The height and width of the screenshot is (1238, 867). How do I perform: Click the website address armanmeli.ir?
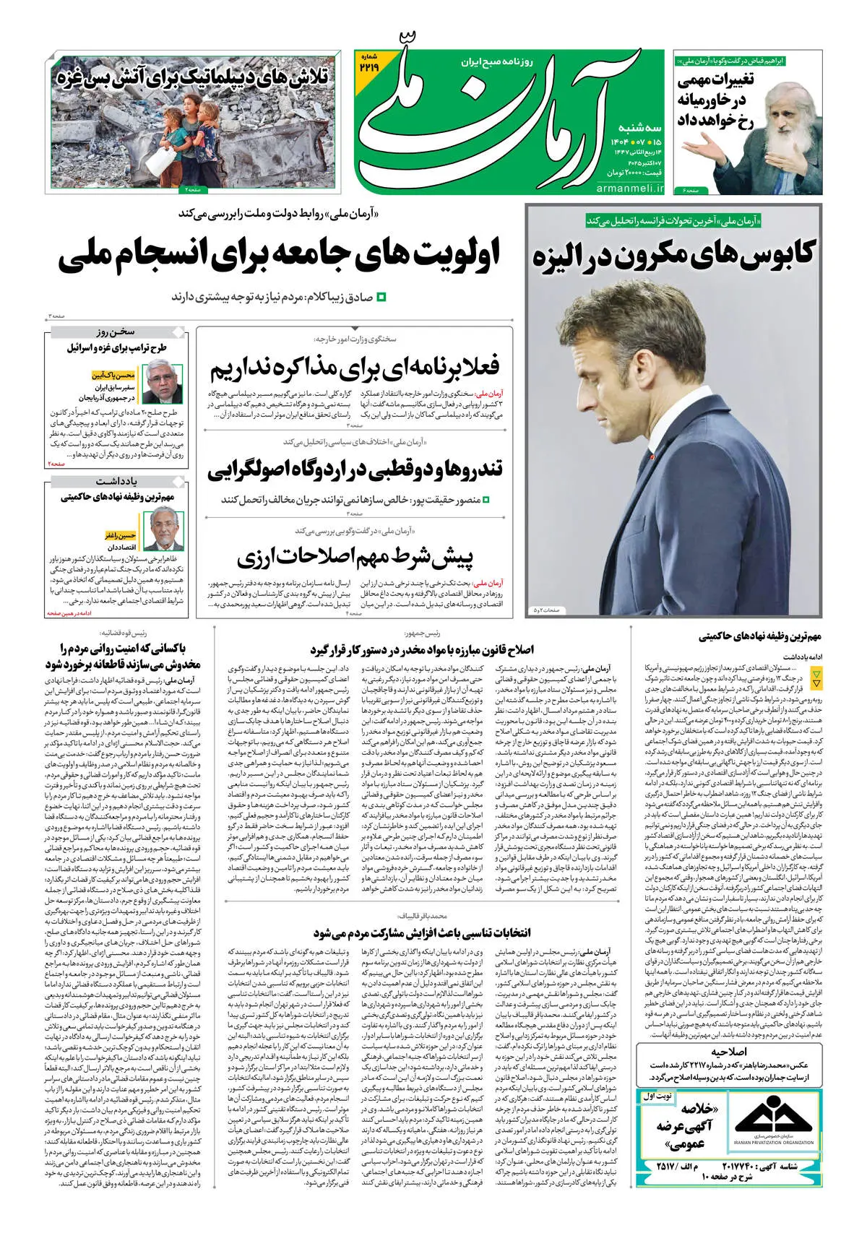pos(630,189)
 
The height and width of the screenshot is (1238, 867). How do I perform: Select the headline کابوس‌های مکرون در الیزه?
pos(673,255)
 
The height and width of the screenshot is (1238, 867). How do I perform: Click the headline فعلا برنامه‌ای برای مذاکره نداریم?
pos(355,368)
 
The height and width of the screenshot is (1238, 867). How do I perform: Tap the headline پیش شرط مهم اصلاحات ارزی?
pos(355,557)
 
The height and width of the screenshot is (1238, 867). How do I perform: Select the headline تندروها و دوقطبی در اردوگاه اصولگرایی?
pos(355,469)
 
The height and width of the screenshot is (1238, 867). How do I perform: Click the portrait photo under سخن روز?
pos(163,384)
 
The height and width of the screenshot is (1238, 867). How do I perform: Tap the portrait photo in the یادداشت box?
pos(163,529)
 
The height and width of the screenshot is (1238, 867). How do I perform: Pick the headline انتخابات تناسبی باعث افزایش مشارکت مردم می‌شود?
pos(422,933)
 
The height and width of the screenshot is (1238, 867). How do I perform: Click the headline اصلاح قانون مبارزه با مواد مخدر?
pos(422,650)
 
